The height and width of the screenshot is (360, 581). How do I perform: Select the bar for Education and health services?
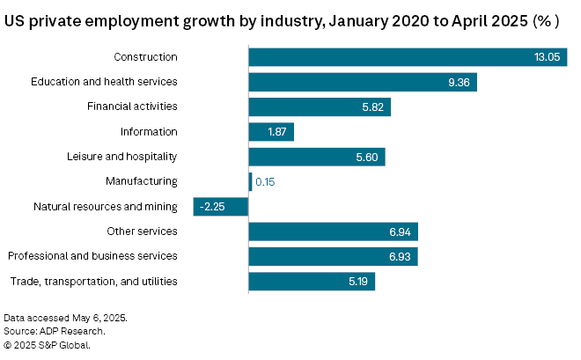point(362,82)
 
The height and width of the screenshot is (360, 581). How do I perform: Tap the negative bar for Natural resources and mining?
point(221,207)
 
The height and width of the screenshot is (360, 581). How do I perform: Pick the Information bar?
point(271,132)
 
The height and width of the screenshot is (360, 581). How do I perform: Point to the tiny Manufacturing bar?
point(250,181)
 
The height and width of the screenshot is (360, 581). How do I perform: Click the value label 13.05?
point(547,57)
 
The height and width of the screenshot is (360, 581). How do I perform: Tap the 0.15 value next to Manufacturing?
point(265,181)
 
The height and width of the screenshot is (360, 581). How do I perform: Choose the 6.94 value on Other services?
point(401,231)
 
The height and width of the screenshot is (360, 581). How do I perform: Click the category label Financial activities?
point(132,107)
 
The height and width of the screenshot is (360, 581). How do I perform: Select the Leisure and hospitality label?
point(122,157)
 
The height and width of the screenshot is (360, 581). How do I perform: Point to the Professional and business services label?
point(92,256)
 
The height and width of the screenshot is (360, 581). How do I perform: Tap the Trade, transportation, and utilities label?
point(93,282)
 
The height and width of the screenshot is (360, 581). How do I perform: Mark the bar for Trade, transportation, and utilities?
point(312,282)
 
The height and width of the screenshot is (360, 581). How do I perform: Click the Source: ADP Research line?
point(55,331)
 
